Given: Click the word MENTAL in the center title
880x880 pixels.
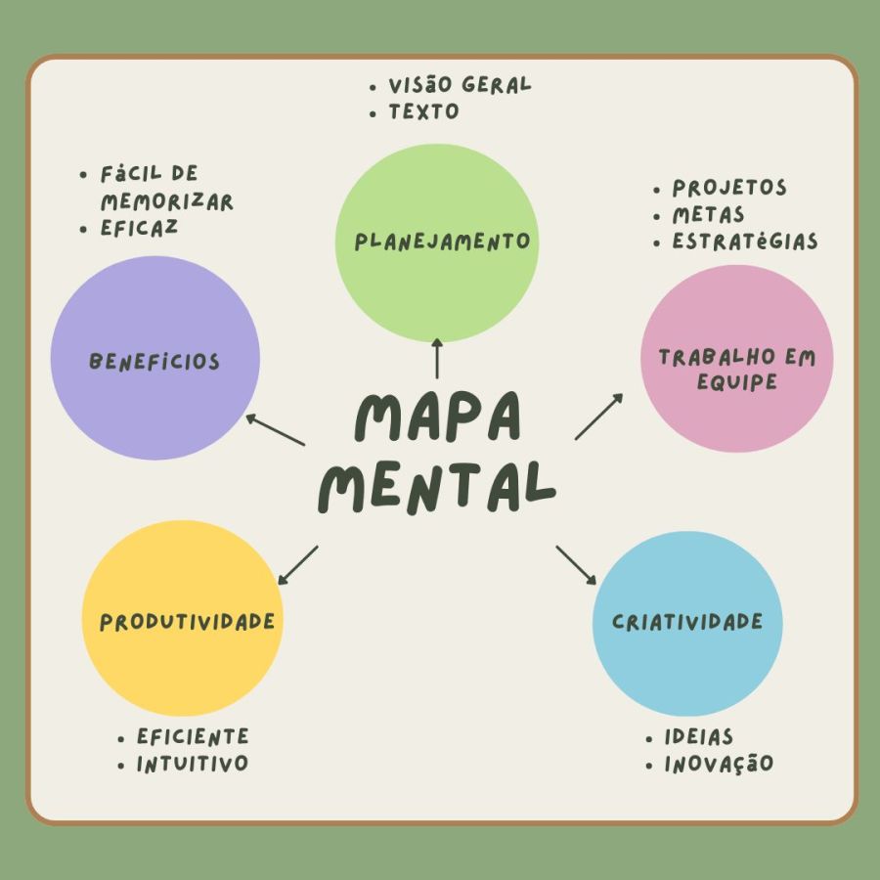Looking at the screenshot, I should (437, 487).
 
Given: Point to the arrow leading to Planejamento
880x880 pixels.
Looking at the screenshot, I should (437, 358).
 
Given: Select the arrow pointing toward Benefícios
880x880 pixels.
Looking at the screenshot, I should (275, 429).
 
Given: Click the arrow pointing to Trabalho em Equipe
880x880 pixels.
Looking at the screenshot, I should (598, 417).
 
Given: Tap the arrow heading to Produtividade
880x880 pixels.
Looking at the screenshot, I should (298, 565).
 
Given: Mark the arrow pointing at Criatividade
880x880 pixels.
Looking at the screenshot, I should (576, 565).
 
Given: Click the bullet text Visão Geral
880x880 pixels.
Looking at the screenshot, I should (460, 85).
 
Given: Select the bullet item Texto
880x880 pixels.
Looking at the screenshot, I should (423, 111).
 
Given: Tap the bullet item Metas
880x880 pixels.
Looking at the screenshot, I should (708, 214).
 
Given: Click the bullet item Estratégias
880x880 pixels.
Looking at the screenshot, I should (744, 242).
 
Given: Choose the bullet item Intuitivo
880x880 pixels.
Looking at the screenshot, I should (193, 764).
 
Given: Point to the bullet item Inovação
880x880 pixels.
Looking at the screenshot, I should (719, 764).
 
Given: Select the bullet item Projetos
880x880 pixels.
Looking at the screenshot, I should (729, 188).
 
